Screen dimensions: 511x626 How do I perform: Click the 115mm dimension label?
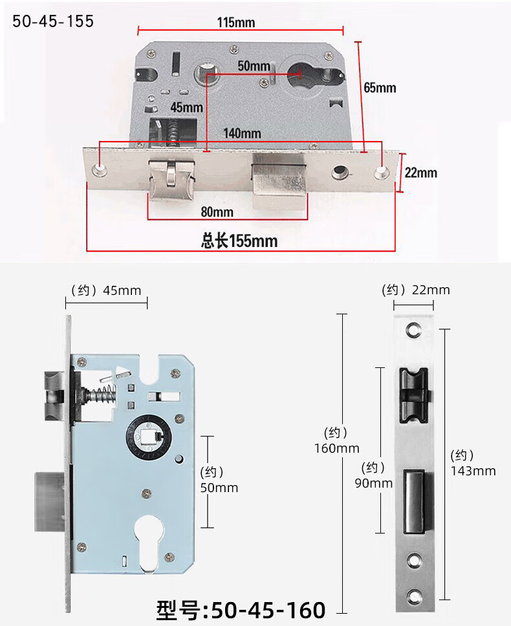point(236,23)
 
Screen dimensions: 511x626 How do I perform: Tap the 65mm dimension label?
point(380,88)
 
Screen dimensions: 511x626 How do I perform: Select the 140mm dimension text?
point(242,133)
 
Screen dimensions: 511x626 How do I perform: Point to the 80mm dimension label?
point(217,211)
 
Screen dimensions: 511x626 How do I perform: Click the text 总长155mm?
point(239,241)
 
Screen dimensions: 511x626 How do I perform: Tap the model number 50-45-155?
point(53,21)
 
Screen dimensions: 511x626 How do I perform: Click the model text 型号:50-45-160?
point(241,610)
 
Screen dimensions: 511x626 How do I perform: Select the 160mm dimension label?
point(336,448)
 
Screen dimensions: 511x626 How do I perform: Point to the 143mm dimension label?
point(473,471)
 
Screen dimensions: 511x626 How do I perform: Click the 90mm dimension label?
point(374,484)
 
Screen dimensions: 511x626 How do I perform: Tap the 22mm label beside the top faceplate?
point(421,173)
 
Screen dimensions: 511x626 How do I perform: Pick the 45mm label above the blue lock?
point(122,290)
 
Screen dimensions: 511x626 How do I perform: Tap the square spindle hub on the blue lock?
point(149,436)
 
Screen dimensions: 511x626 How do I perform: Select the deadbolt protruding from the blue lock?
point(50,501)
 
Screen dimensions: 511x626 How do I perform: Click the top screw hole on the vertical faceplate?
point(414,330)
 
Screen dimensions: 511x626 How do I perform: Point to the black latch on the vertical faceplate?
point(415,395)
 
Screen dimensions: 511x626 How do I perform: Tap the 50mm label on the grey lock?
point(254,66)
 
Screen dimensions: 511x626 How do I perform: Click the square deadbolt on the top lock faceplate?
point(279,182)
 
